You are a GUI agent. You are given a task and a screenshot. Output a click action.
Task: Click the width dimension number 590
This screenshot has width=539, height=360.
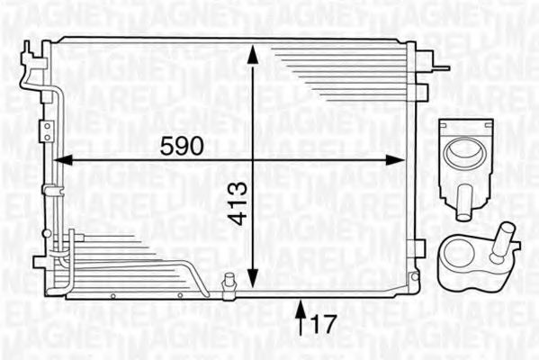point(183,143)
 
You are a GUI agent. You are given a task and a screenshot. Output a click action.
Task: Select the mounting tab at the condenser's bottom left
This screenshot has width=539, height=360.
point(40,262)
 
